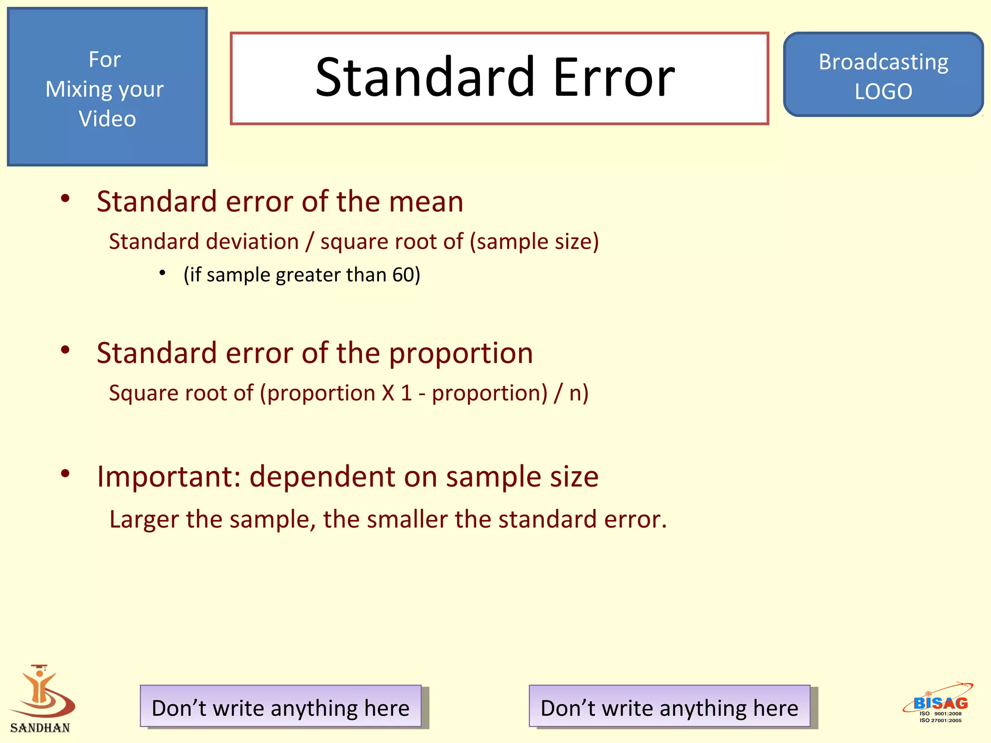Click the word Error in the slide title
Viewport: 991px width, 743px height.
(614, 77)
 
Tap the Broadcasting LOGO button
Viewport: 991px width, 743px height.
(883, 75)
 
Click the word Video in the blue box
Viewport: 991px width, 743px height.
(107, 119)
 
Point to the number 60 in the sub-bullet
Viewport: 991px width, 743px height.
(402, 275)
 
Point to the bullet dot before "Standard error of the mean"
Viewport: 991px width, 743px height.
(65, 198)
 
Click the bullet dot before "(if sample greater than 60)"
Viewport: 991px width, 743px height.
(163, 273)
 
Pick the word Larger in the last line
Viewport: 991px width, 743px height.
(144, 520)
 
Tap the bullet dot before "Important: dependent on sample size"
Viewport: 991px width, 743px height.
(65, 474)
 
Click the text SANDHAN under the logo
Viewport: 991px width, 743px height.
(40, 728)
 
